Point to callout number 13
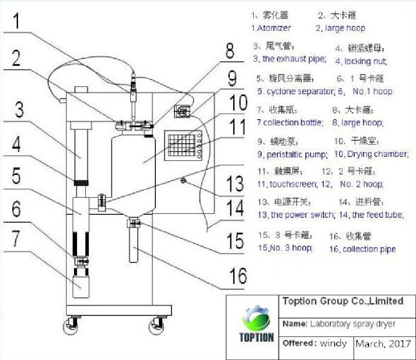pyautogui.click(x=235, y=183)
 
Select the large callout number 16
pyautogui.click(x=239, y=276)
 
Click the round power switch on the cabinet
pyautogui.click(x=183, y=180)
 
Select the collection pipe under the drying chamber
pyautogui.click(x=135, y=245)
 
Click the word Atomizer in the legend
pyautogui.click(x=273, y=28)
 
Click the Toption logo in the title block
pyautogui.click(x=256, y=326)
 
